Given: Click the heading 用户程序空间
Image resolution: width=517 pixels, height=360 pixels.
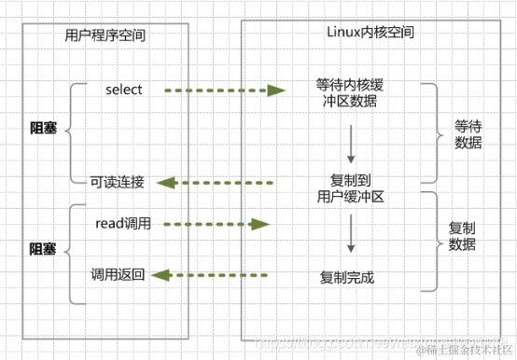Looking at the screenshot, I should pos(106,35).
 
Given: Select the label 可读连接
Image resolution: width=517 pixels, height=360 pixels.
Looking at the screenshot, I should pos(117,182).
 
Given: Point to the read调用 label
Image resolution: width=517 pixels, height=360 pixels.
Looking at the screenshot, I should pos(123,224).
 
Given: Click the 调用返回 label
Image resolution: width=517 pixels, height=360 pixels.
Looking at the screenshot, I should pos(118,274).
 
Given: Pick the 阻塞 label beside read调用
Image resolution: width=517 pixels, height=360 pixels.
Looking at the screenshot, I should pos(43,250).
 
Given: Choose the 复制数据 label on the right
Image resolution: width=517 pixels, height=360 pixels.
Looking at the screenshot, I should pos(462,236).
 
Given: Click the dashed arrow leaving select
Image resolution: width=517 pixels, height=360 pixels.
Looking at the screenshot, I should pos(224,90).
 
